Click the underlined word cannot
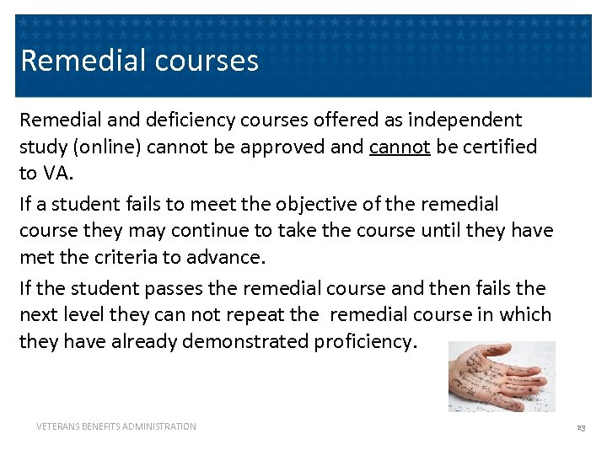click(400, 147)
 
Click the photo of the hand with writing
click(502, 376)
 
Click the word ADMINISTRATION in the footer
click(160, 427)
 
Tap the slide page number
click(581, 428)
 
